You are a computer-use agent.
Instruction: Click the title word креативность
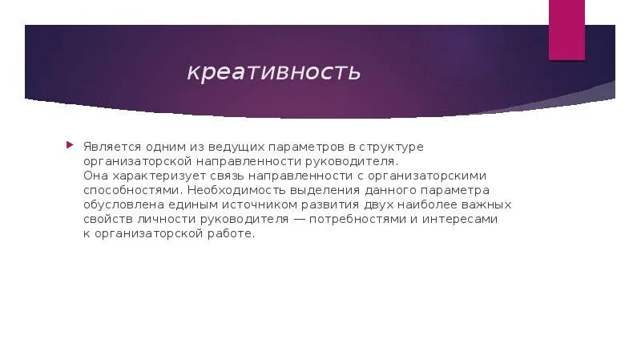point(274,72)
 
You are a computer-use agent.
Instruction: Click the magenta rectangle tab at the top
point(566,30)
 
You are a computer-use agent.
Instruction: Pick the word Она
point(95,176)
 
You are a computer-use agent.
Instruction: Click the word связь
point(218,176)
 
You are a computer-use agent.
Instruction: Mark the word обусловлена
point(122,204)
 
